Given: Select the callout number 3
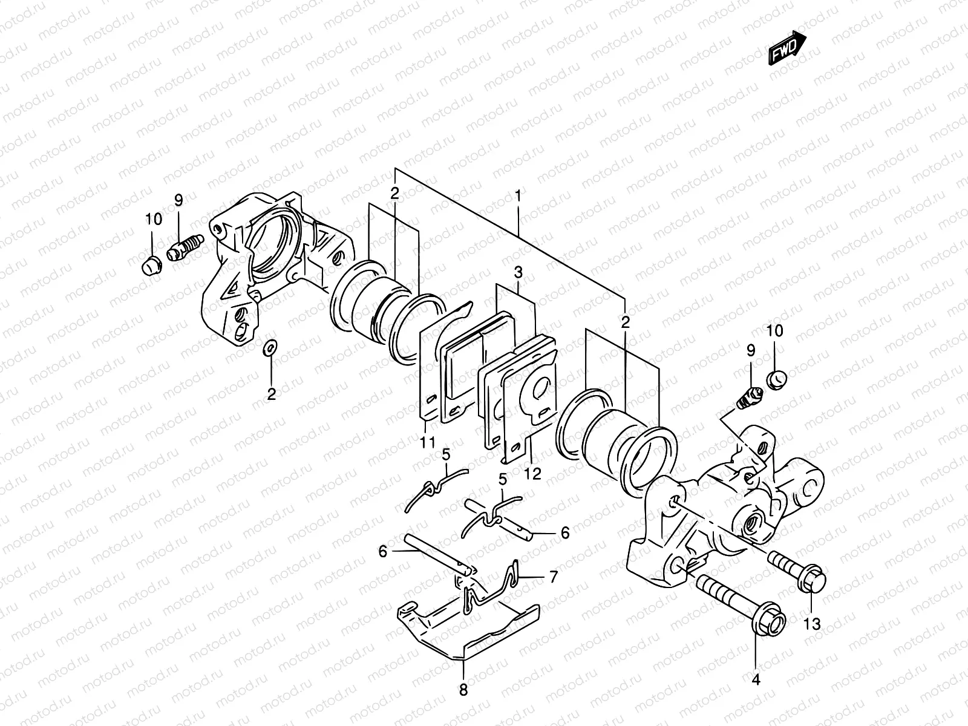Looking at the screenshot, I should coord(518,273).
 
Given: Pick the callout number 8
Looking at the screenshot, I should coord(463,690).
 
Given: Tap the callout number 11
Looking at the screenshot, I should coord(428,443).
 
